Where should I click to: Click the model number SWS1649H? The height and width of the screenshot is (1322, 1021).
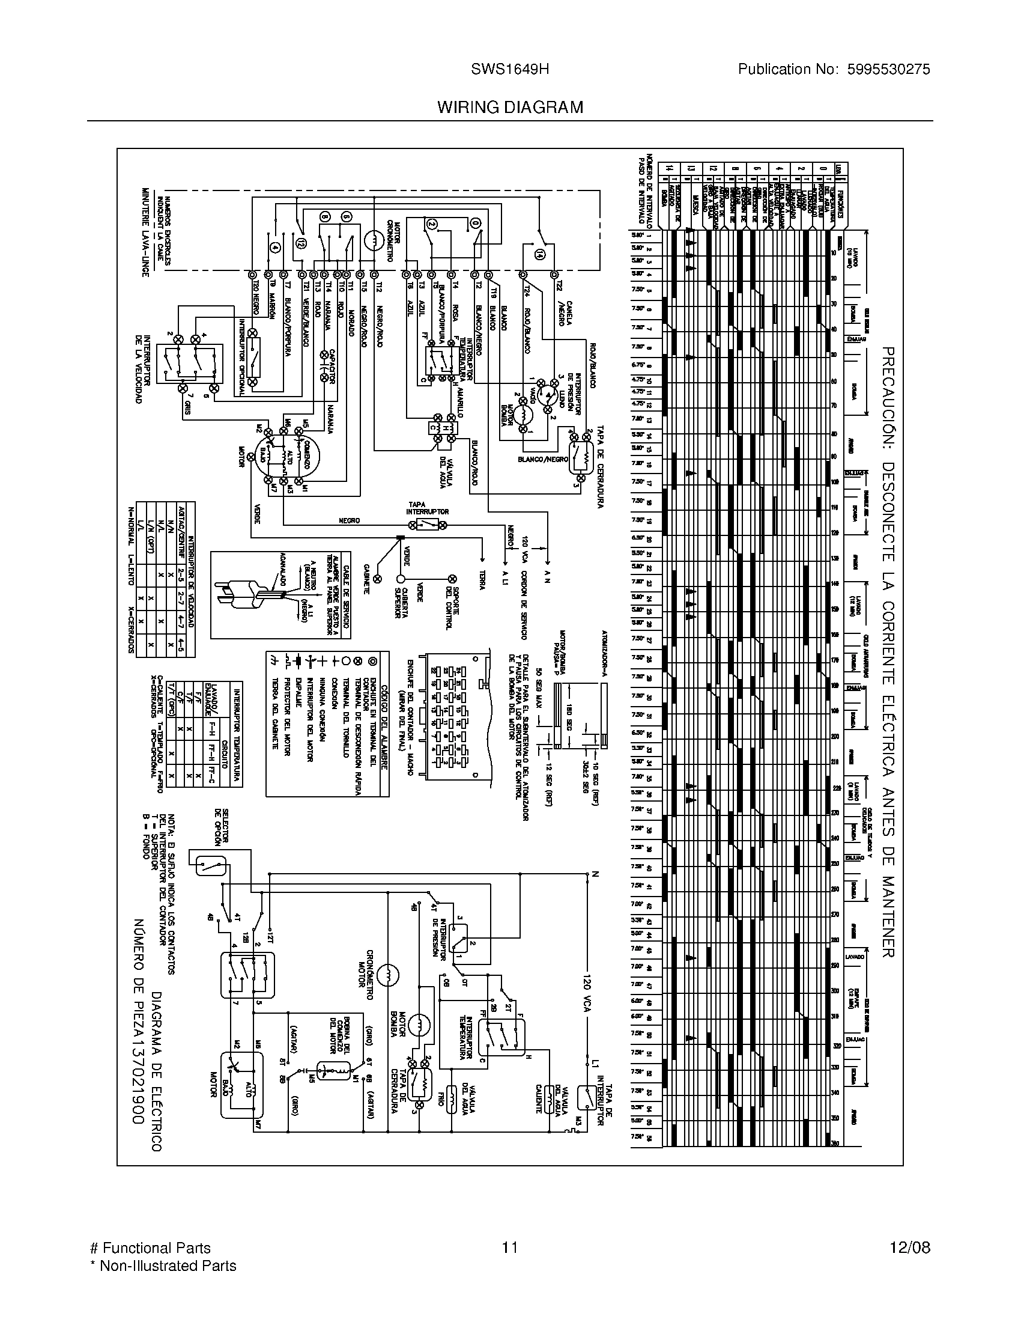pyautogui.click(x=510, y=69)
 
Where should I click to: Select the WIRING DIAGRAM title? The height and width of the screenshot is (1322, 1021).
pyautogui.click(x=510, y=107)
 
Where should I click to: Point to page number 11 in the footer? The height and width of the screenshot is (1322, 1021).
pyautogui.click(x=510, y=1247)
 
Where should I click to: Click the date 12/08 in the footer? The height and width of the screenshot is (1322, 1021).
pyautogui.click(x=910, y=1247)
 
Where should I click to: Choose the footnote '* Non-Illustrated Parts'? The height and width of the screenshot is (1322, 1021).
pyautogui.click(x=163, y=1265)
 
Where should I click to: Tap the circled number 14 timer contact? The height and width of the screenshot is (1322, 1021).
pyautogui.click(x=539, y=256)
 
